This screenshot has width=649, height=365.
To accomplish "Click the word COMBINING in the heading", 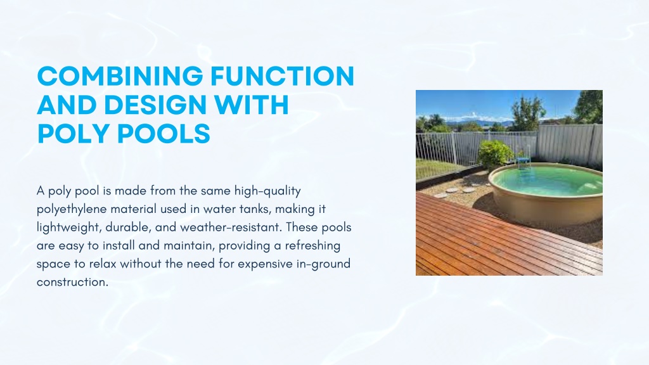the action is coord(120,76).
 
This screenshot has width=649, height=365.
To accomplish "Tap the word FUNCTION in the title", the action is coord(282,76).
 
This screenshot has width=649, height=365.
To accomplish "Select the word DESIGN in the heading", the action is coord(155,105).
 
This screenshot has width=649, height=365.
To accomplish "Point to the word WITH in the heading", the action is coord(251,105).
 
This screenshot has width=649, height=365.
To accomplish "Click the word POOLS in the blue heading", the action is coord(164,133).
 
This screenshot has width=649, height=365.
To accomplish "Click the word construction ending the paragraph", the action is coord(72,282).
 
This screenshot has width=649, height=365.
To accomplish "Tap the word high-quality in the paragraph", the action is coord(267,191).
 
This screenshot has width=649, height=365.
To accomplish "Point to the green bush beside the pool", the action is coord(495,154).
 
